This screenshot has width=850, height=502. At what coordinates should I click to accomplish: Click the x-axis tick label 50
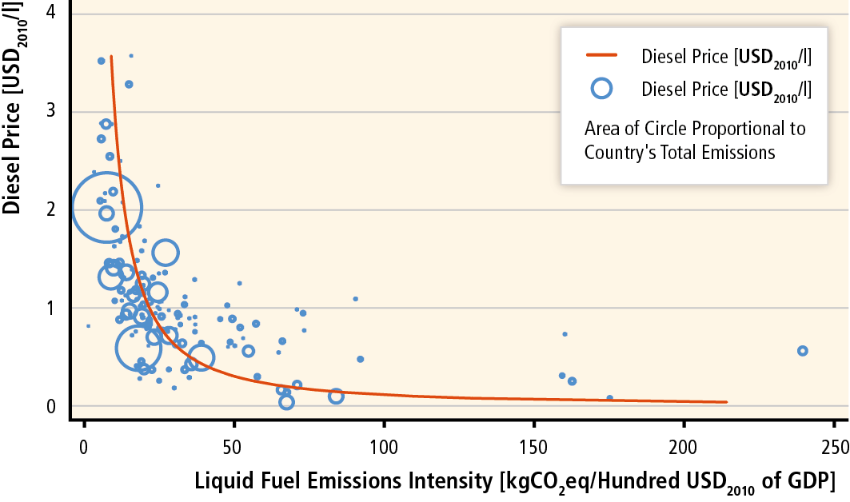pos(233,445)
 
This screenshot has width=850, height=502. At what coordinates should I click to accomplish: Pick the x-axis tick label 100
pos(383,445)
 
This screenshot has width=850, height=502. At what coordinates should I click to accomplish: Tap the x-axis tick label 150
pos(533,445)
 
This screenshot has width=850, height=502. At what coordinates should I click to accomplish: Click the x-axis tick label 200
pos(684,445)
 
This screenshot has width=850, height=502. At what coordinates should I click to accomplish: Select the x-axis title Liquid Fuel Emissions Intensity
pos(344,482)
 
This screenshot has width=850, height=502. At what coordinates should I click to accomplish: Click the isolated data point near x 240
pos(803,351)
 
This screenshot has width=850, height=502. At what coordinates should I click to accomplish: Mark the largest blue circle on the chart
pos(107,208)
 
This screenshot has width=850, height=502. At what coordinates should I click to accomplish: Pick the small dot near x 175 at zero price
pos(609,397)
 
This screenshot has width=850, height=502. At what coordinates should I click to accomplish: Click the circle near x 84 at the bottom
pos(336,396)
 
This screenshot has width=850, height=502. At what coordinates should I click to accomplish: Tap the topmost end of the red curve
pos(110,57)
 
